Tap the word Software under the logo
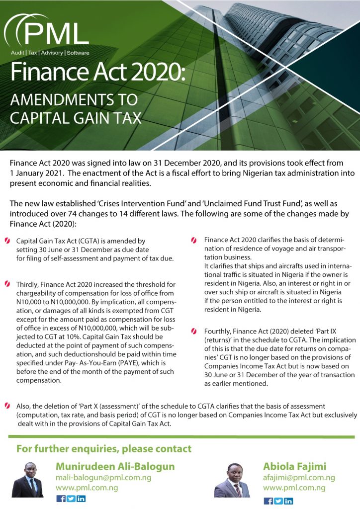(77, 53)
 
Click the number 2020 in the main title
(154, 74)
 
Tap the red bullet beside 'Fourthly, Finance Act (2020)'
(194, 331)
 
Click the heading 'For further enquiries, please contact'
(104, 449)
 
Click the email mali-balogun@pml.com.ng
(103, 478)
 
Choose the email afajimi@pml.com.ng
(299, 478)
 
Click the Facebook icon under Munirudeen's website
(61, 499)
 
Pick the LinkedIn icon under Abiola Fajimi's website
(288, 501)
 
